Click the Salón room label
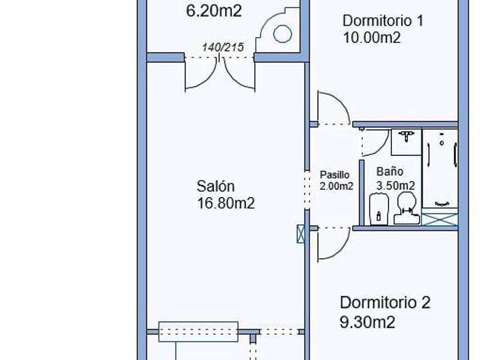215,186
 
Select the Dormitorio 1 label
382,21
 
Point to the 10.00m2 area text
371,38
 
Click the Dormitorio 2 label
385,303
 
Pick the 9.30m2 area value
367,322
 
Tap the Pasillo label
334,175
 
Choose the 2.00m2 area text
336,186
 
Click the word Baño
390,171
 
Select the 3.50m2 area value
395,185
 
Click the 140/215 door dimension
223,47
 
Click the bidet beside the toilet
379,209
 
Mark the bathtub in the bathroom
440,169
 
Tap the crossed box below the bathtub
440,219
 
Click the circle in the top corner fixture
282,34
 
